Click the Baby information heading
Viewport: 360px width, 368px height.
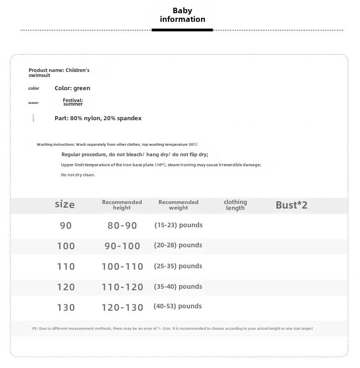click(x=182, y=15)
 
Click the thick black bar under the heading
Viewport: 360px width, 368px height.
click(x=182, y=30)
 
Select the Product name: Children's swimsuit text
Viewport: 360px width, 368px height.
click(x=59, y=72)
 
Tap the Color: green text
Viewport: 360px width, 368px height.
click(x=72, y=88)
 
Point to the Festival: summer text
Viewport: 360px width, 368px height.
click(x=73, y=102)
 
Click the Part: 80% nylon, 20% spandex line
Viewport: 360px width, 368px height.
click(x=98, y=118)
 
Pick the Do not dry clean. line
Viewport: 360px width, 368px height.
click(x=78, y=175)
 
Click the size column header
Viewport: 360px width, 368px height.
click(x=65, y=204)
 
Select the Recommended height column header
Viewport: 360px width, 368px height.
click(x=122, y=205)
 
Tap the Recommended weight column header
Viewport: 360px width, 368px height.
click(x=178, y=205)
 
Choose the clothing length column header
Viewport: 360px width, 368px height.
click(x=235, y=205)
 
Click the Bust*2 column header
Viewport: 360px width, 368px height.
click(x=292, y=205)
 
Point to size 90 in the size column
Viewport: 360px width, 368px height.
click(x=66, y=225)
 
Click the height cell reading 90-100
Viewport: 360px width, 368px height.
click(x=122, y=246)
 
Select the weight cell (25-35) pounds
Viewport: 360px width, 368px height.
click(x=178, y=266)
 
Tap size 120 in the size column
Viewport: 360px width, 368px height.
click(x=66, y=287)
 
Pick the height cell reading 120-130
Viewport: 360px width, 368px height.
click(x=122, y=307)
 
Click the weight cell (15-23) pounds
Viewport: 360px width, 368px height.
click(x=178, y=225)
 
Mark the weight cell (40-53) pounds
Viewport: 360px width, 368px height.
click(x=178, y=307)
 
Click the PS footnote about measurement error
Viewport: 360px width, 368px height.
click(x=172, y=328)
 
